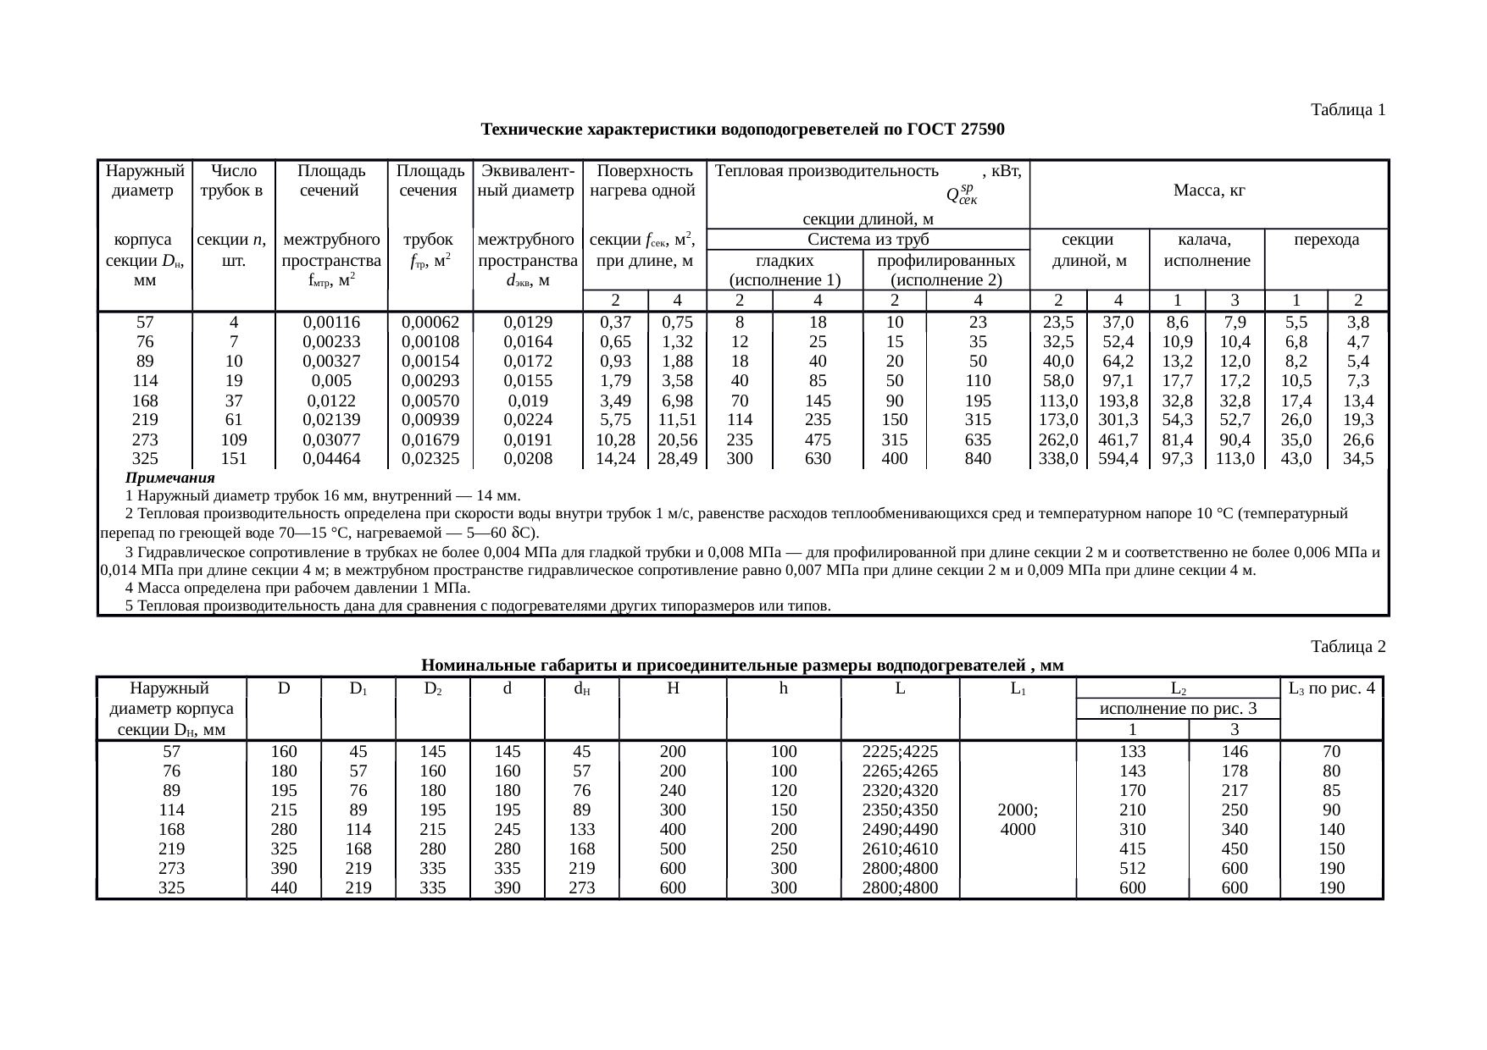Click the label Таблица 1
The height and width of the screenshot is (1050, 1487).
[x=1347, y=110]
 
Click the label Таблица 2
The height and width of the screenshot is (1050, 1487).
[x=1347, y=647]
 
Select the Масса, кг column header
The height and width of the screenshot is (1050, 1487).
[x=1208, y=192]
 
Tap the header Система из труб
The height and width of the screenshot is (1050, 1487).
[x=868, y=240]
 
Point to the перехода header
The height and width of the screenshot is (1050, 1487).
[x=1326, y=240]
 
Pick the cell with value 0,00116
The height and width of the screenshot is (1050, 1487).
[x=331, y=323]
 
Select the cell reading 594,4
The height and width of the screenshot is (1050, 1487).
[x=1118, y=459]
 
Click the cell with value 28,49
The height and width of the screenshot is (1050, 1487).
[x=677, y=459]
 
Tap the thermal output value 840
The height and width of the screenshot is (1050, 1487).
[x=978, y=459]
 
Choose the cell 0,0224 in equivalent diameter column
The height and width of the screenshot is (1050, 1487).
[x=528, y=419]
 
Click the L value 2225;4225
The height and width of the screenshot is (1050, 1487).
[x=900, y=751]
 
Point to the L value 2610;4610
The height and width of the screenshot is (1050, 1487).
[x=900, y=848]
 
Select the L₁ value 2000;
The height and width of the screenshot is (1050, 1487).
[x=1018, y=810]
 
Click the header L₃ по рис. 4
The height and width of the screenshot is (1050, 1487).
[x=1330, y=688]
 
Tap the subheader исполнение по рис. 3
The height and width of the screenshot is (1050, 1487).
[x=1177, y=709]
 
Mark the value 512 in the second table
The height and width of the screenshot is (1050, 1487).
[x=1132, y=868]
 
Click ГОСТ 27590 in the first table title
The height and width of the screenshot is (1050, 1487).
[x=956, y=130]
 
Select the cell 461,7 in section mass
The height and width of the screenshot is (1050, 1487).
[x=1118, y=440]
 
